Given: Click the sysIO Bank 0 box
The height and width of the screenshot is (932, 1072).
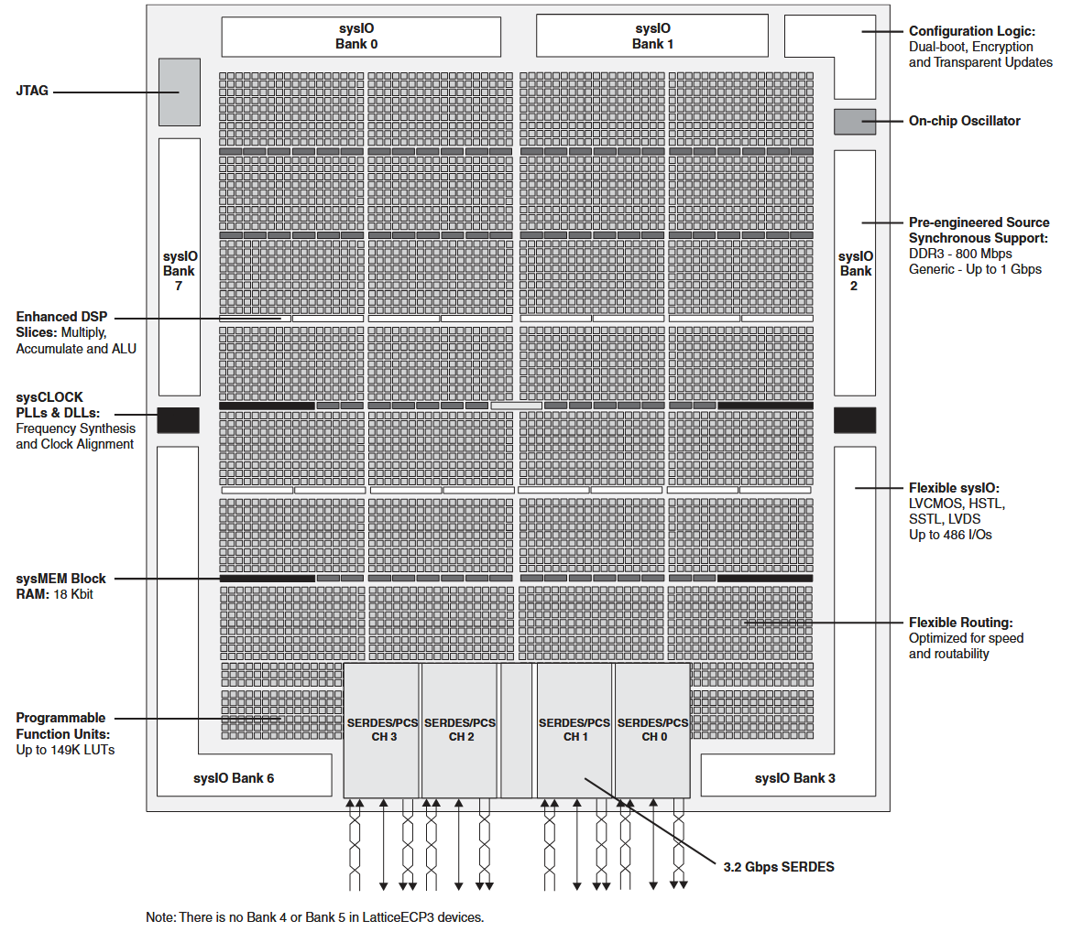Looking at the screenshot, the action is pos(361,37).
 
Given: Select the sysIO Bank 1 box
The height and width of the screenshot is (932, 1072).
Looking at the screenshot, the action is pos(652,37).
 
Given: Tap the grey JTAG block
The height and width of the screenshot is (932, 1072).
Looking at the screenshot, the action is pos(180,92).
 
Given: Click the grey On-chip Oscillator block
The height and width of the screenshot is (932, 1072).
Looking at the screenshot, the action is pos(855,122).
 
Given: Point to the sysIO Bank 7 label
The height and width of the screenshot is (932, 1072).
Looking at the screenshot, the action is pos(180,271).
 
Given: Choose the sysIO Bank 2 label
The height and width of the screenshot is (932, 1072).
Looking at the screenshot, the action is pos(855,271).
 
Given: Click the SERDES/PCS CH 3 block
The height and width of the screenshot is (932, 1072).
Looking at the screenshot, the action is pos(381,730).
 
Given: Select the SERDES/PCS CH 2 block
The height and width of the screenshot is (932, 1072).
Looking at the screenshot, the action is pos(459,730).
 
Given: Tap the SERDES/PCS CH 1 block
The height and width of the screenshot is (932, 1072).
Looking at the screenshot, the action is pos(574,730).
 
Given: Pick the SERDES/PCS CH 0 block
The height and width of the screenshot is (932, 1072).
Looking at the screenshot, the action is pos(653,730).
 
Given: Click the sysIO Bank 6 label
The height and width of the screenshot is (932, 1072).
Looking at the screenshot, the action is pos(234,778).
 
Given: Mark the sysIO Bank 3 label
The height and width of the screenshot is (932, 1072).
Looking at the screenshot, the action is pos(795,778).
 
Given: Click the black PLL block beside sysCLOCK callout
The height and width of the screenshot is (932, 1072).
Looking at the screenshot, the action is pos(179,420).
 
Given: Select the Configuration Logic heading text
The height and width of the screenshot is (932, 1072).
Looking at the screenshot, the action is pos(972,31).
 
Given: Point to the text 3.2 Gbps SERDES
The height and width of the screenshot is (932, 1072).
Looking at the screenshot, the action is pos(779,867).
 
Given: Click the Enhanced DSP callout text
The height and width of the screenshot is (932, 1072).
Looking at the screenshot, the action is pos(76,332).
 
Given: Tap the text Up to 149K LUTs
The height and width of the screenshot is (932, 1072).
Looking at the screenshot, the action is pos(66,750).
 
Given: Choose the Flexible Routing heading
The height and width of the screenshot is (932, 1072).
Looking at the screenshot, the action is pos(960,623).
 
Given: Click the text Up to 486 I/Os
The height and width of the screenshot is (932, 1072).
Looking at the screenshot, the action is pos(950,535).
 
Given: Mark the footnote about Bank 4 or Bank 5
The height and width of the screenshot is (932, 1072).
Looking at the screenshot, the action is pos(314,917).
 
